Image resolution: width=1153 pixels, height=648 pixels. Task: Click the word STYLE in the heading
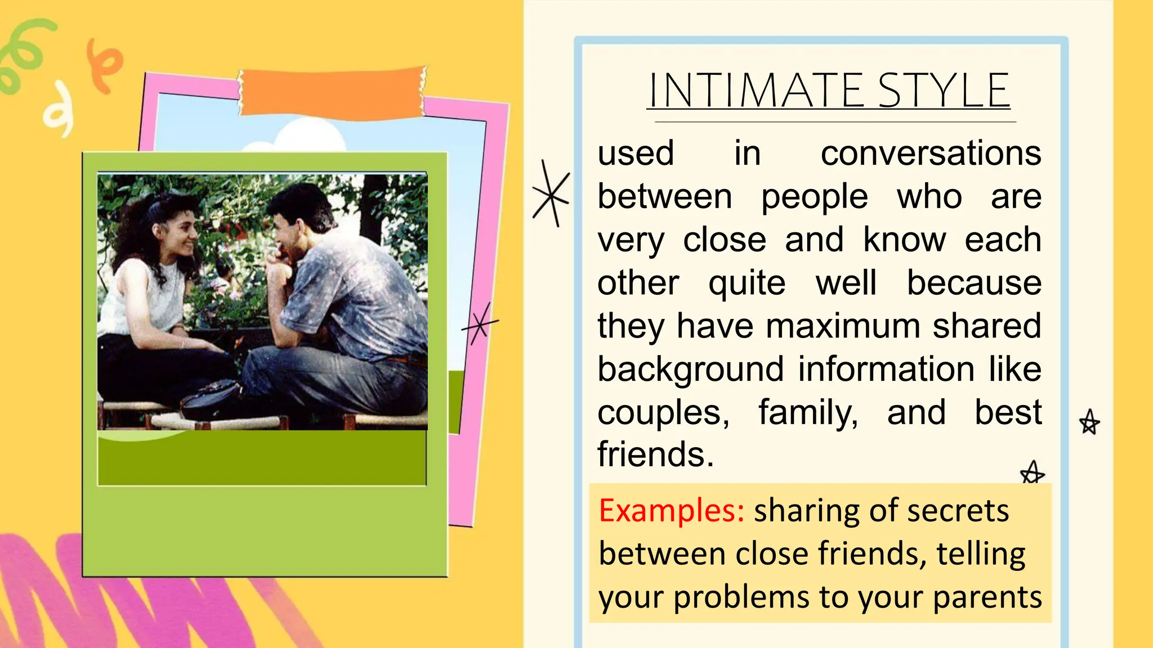coord(944,91)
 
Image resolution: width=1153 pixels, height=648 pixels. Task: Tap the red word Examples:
coord(671,511)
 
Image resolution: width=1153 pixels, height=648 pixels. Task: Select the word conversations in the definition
coord(931,153)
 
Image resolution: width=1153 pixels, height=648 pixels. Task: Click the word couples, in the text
coord(663,412)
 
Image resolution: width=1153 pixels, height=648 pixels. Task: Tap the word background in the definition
coord(690,370)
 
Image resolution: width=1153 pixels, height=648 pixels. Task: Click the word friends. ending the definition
coord(655,454)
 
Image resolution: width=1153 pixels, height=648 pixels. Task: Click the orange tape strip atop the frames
coord(332,93)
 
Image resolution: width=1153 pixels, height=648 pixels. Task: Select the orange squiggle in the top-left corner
coord(104,65)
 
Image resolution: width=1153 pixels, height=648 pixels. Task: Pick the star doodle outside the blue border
coord(1089,422)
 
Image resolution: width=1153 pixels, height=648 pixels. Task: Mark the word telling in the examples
coord(981,553)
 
